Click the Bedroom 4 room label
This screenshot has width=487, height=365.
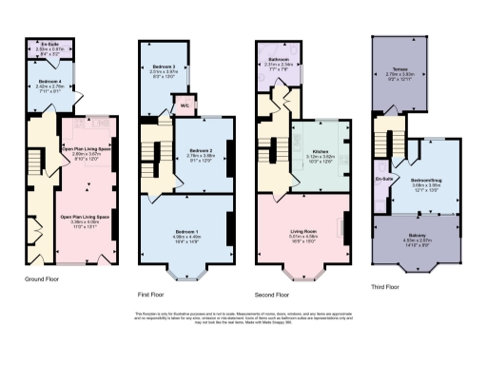[49, 82]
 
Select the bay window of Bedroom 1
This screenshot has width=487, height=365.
[185, 276]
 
